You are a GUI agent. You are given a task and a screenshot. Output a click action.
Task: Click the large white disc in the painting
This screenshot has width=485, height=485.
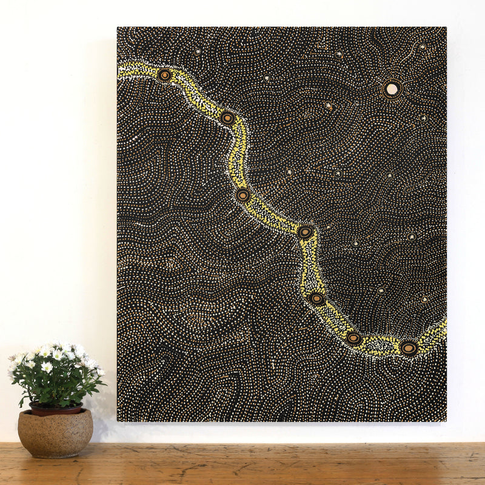point(392,89)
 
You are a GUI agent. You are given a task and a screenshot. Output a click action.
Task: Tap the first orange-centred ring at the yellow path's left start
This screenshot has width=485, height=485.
point(164,75)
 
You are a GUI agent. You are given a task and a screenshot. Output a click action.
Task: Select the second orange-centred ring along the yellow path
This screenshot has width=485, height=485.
point(227,118)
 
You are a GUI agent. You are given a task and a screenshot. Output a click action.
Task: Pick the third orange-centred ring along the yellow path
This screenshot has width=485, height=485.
point(242,195)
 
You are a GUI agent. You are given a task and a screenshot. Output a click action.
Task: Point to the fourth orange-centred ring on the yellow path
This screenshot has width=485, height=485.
point(306,232)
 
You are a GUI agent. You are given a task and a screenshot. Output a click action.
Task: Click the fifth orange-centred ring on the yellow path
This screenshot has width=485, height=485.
point(316,298)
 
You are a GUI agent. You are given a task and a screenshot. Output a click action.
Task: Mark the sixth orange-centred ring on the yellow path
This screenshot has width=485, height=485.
point(353,338)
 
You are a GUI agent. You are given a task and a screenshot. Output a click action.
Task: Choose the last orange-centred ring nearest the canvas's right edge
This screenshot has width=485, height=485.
point(408,348)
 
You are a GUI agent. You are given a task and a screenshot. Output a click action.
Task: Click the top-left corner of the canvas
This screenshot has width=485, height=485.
point(118,27)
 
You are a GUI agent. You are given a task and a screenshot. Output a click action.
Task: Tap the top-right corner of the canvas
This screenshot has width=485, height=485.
point(446,27)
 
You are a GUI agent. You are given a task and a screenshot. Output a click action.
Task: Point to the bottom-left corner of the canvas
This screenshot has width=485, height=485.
point(118,421)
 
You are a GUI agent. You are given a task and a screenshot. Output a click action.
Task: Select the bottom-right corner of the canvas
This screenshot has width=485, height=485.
point(446,421)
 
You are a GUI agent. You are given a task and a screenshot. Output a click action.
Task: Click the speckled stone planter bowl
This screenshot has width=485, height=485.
point(55,432)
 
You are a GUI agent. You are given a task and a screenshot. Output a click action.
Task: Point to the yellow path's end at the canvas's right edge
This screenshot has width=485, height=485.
point(444,328)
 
